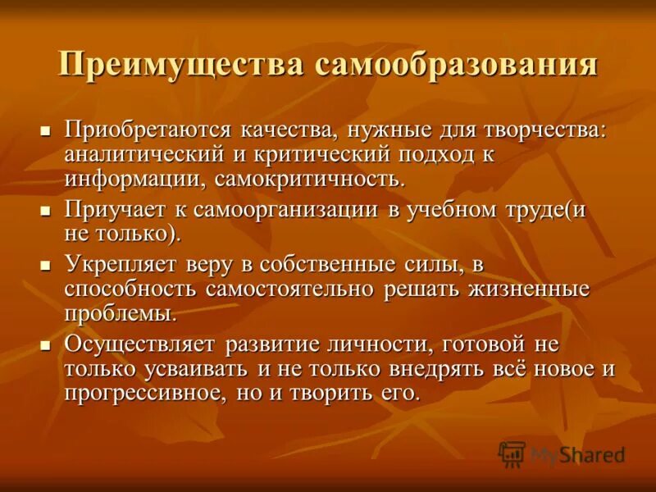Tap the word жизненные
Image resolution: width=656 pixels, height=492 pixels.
coord(528,289)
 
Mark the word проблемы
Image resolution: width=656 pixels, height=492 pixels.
coord(120,312)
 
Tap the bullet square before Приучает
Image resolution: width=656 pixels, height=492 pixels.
coord(46,211)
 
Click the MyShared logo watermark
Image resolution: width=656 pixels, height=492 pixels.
coord(562,453)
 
